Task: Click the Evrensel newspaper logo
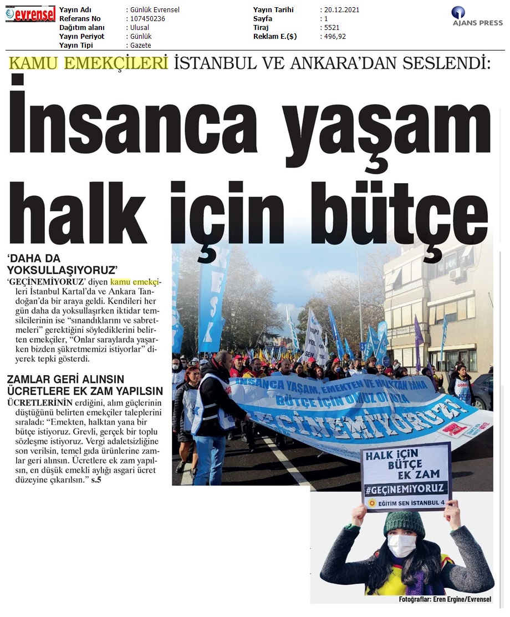(x=30, y=14)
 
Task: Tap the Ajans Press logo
(x=477, y=17)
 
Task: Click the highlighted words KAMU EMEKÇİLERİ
(x=88, y=63)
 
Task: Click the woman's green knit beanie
(x=404, y=521)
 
